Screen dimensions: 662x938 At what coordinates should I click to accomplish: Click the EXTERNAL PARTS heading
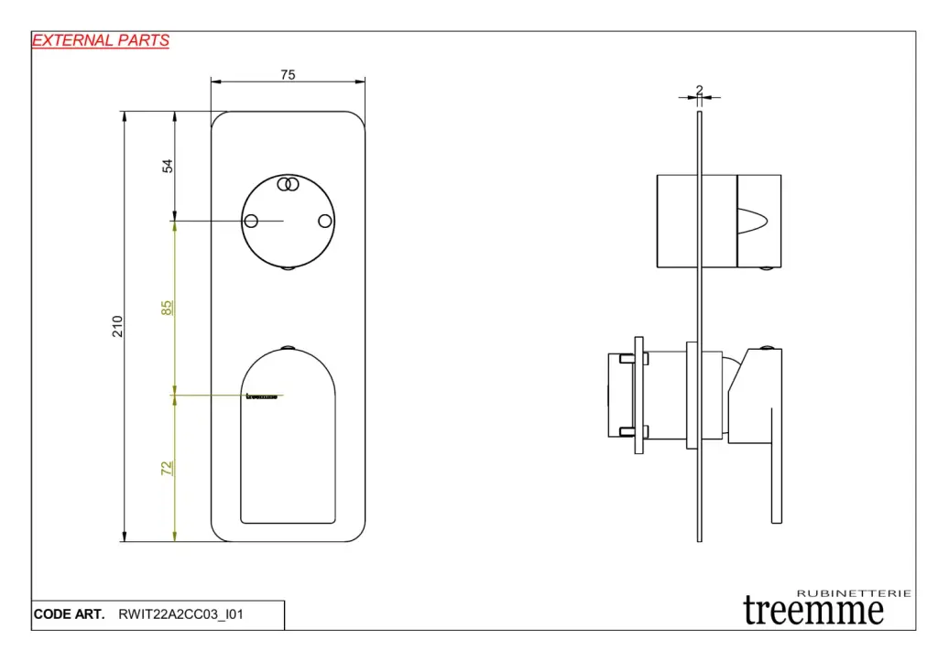[x=101, y=40]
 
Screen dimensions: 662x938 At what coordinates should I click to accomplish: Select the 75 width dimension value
[x=288, y=75]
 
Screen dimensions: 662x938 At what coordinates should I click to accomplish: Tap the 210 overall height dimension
[x=117, y=326]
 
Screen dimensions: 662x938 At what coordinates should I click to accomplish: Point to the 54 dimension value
[x=168, y=166]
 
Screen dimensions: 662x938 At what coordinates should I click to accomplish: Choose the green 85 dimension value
[x=167, y=308]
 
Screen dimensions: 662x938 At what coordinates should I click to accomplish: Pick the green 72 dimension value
[x=167, y=468]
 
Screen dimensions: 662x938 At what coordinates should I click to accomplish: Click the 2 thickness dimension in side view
[x=699, y=90]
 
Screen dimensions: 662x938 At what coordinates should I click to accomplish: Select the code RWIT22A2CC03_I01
[x=181, y=615]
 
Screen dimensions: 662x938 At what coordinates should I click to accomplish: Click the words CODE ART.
[x=69, y=615]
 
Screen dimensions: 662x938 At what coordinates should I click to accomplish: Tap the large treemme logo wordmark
[x=813, y=611]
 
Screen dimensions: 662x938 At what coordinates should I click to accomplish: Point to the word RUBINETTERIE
[x=855, y=593]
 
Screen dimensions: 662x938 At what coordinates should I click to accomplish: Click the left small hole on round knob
[x=251, y=221]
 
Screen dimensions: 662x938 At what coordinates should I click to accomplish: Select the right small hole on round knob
[x=323, y=221]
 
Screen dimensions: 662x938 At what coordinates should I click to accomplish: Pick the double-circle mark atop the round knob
[x=288, y=184]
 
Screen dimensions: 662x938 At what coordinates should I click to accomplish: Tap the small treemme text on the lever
[x=262, y=396]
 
